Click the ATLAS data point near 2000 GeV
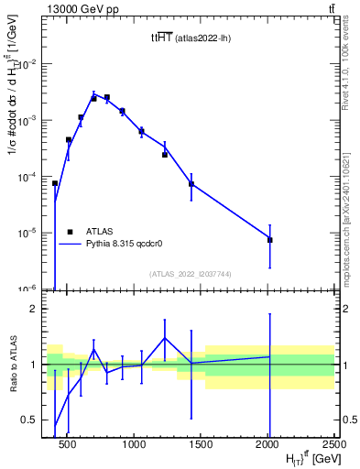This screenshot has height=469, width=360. tap(269, 240)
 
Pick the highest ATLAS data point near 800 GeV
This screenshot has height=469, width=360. tap(107, 97)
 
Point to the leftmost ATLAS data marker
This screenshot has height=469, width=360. tap(55, 183)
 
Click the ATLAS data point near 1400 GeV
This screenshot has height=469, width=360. tap(191, 184)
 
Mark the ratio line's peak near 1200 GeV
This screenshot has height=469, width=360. tap(165, 338)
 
